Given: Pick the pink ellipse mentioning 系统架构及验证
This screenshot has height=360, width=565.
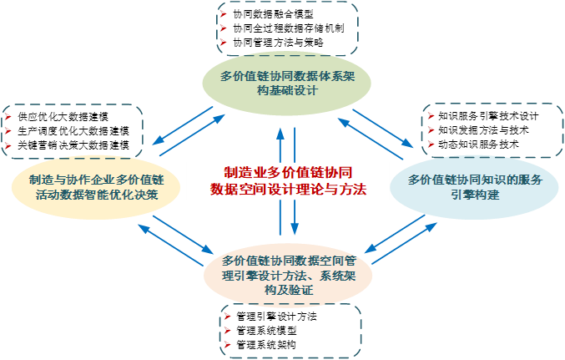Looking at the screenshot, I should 288,275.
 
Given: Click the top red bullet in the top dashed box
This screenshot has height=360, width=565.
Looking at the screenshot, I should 224,15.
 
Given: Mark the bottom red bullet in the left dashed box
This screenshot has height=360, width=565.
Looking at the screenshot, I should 8,147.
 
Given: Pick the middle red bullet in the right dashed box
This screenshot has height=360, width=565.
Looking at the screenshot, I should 430,130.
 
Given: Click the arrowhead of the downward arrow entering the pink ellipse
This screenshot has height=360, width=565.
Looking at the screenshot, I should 295,232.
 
